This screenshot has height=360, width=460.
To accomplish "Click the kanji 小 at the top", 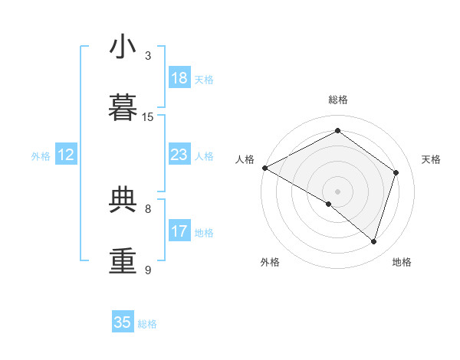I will point(123,47).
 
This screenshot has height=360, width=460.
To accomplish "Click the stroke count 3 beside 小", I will point(148,56).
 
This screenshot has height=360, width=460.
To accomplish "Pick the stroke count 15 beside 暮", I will point(148,117).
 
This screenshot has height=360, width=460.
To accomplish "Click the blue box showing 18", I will point(179,78).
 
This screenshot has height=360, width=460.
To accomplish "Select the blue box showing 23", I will point(179,155).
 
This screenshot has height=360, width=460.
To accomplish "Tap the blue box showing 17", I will point(179,231).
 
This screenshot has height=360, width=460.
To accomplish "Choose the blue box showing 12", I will point(66,155).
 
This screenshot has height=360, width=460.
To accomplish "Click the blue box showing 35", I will point(122,322).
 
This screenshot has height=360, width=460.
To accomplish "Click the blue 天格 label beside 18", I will point(204,79).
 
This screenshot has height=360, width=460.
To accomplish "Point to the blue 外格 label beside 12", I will point(41,155).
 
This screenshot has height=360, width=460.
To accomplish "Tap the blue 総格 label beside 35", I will point(147,323).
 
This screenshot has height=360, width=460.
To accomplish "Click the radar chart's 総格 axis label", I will point(337,100).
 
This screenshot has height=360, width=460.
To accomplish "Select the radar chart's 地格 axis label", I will point(402,262).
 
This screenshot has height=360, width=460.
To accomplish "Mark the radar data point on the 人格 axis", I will point(264,168).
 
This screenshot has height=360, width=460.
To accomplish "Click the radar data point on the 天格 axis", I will point(396,172).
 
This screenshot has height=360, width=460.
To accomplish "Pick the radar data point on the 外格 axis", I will point(329,204).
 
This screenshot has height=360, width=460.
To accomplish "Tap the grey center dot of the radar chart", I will point(337,191).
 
